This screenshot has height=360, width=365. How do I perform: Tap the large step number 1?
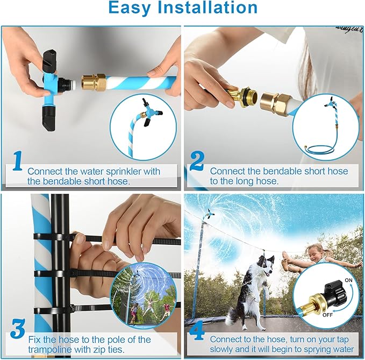point(17,161)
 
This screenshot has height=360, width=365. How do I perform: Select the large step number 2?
point(197,161)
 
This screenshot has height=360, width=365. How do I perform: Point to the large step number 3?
point(18,328)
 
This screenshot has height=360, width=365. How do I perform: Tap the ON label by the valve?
point(348,280)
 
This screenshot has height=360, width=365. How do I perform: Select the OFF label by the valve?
point(327,315)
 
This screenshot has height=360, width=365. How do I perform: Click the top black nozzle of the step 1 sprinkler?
point(50,60)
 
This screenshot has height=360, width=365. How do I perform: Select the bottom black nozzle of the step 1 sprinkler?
point(49,118)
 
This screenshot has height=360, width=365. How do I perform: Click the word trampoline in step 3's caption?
point(50,349)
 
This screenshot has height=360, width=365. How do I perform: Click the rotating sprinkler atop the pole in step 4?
point(209,213)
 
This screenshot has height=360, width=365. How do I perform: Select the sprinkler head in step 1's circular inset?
point(151,111)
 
